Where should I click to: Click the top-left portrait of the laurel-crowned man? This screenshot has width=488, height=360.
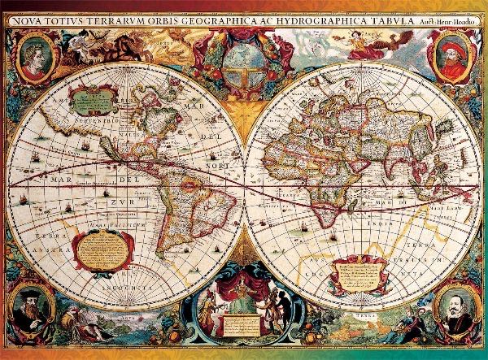[x=35, y=59]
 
